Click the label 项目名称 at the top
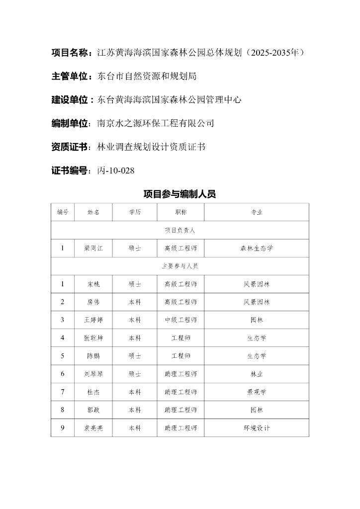[x=71, y=52]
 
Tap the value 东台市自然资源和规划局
[x=147, y=76]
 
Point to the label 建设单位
[x=71, y=99]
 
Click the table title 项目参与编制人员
[x=180, y=194]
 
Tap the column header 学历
[x=135, y=212]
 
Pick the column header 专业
[x=257, y=212]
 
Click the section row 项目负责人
[x=180, y=230]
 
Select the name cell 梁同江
[x=93, y=248]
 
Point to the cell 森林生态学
[x=257, y=248]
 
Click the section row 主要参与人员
[x=180, y=266]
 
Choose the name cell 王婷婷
[x=93, y=320]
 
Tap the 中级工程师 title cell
[x=181, y=320]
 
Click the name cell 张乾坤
[x=93, y=338]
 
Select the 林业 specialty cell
[x=257, y=374]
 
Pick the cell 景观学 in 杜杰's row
[x=257, y=392]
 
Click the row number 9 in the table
[x=63, y=427]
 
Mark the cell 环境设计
[x=257, y=427]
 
